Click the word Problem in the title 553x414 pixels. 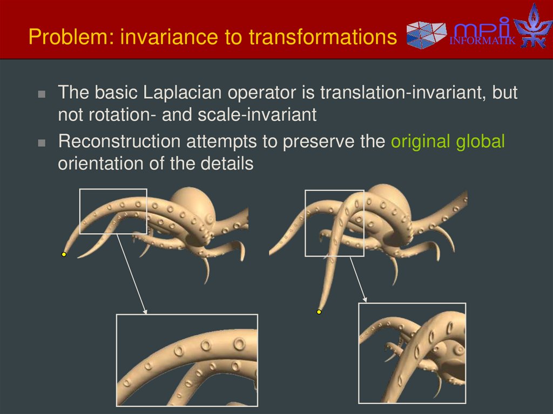[x=60, y=38]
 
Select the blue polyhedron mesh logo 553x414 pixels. [x=427, y=33]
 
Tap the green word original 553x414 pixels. [x=421, y=142]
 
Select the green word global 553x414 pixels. [x=480, y=142]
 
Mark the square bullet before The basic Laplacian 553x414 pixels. [x=42, y=94]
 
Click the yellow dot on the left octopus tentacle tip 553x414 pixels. [x=64, y=254]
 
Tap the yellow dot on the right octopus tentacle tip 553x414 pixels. [x=319, y=312]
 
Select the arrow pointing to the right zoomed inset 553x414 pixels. [x=358, y=278]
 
